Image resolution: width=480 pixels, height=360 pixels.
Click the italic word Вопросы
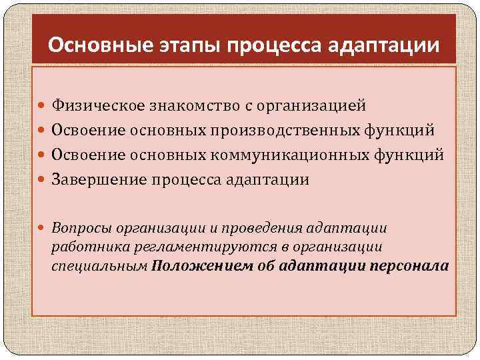click(80, 228)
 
